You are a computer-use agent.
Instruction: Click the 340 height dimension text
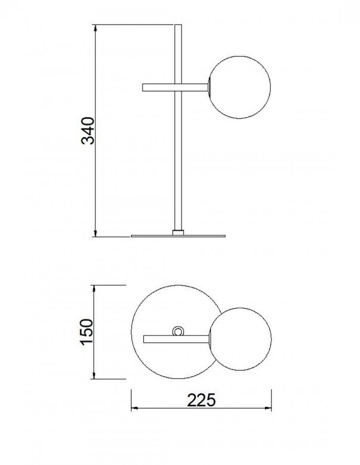point(87,131)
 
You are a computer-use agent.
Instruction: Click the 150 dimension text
point(87,332)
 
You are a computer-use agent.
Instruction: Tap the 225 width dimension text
point(201,400)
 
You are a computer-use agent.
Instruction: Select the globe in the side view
point(239,87)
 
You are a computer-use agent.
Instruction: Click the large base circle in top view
point(132,332)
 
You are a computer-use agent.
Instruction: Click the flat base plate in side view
point(178,236)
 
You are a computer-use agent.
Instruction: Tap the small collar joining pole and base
point(178,232)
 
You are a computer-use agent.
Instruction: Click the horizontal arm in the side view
point(175,87)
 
